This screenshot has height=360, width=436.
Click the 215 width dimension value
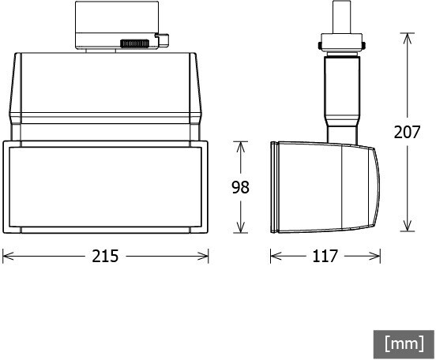point(105,256)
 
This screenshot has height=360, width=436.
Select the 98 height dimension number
point(241,187)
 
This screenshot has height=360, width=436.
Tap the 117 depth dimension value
point(325,256)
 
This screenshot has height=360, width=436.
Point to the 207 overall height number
point(407,132)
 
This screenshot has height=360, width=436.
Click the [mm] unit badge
point(404,344)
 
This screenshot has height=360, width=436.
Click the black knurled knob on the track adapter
point(134,43)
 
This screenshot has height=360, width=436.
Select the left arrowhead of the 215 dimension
point(8,256)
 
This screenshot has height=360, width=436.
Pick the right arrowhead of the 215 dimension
point(203,256)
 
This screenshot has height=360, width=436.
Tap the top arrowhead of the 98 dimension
point(241,147)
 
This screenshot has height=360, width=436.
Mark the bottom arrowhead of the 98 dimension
point(241,227)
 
